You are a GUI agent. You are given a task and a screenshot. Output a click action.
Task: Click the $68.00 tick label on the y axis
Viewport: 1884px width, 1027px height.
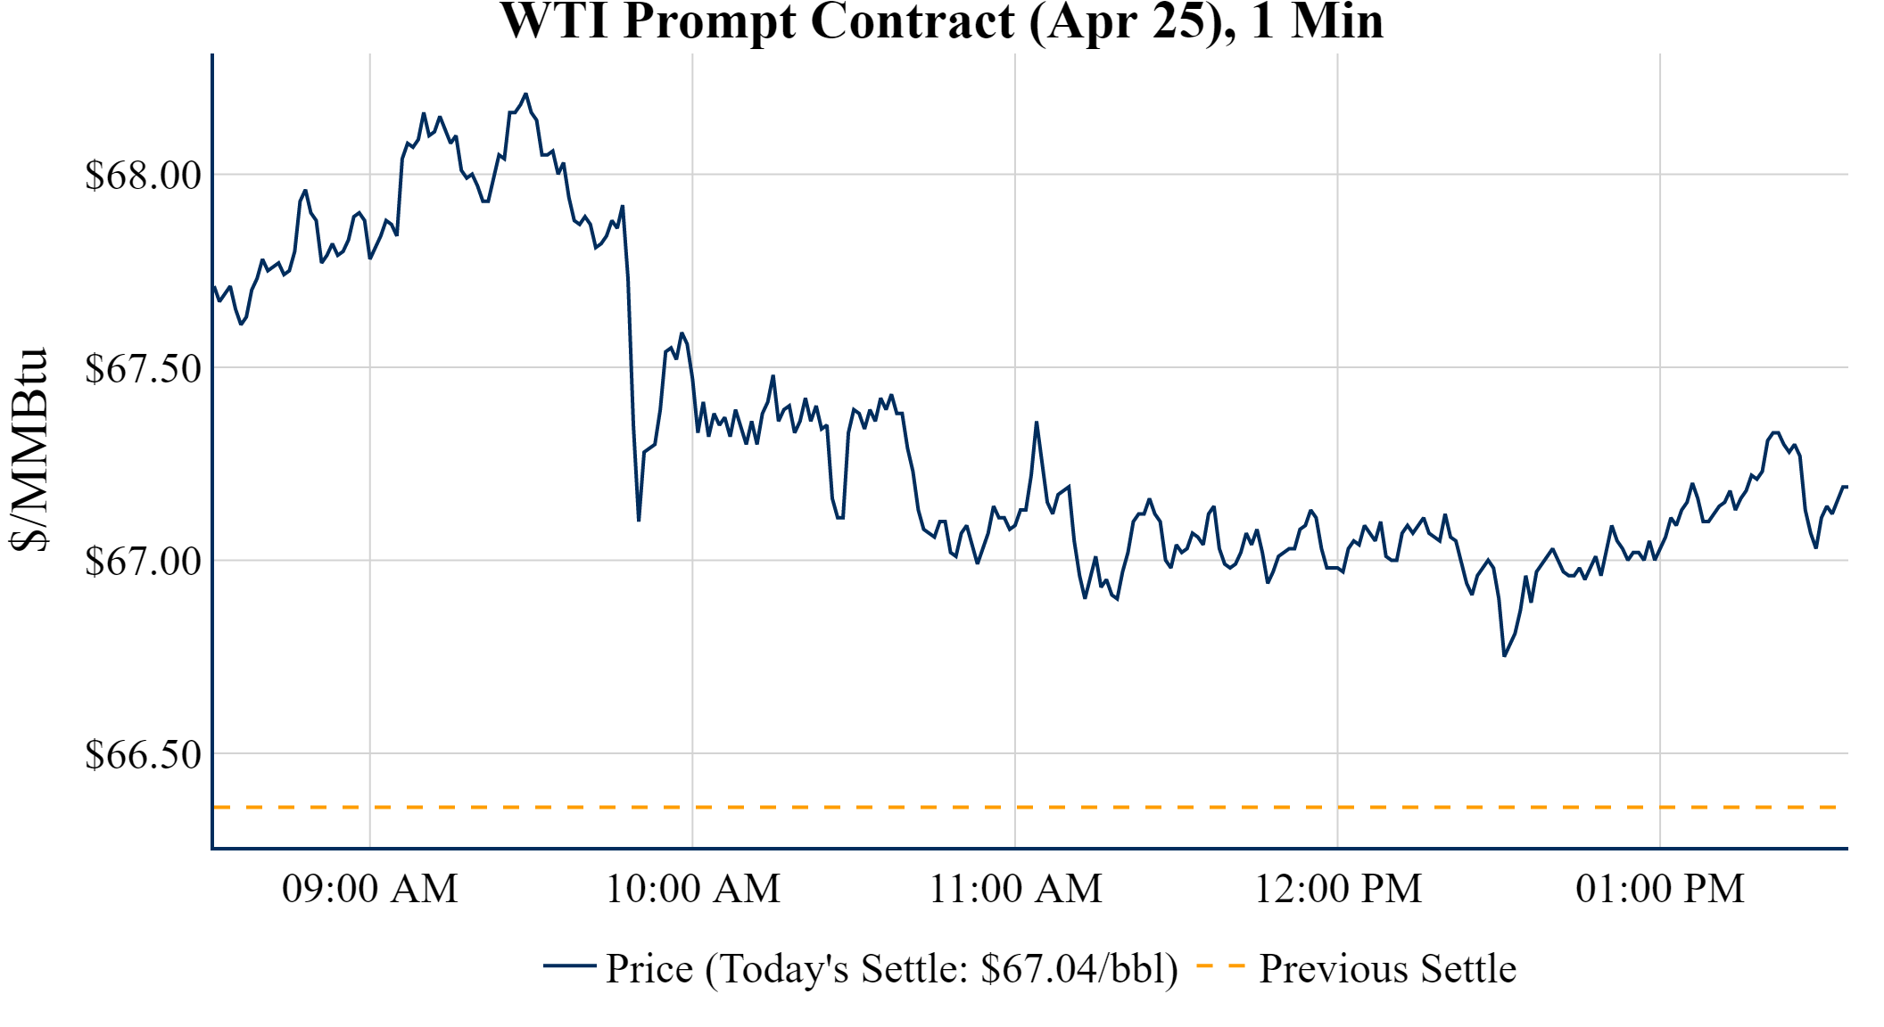[x=144, y=175]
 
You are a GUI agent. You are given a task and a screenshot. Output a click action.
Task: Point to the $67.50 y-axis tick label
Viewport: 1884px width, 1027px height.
[x=144, y=368]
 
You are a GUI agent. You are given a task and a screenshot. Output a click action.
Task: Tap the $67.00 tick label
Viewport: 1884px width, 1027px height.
[x=144, y=561]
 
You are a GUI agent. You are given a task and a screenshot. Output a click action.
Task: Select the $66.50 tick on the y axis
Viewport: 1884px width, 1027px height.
[x=144, y=754]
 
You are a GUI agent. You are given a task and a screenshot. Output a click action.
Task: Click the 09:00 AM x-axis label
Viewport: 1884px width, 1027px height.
[x=370, y=889]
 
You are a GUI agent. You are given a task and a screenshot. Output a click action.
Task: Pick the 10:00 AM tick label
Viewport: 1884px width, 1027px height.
[x=693, y=889]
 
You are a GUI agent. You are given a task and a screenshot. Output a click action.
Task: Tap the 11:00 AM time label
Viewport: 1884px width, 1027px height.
[x=1016, y=889]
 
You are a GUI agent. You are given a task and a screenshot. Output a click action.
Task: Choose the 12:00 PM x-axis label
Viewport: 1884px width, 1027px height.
[x=1338, y=889]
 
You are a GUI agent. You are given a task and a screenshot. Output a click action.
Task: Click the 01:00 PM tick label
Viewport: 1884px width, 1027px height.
[x=1660, y=889]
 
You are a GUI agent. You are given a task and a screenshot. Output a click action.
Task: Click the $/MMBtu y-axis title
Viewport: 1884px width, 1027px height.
[x=29, y=450]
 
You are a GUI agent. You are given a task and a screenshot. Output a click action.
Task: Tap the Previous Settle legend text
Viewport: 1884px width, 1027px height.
[x=1387, y=969]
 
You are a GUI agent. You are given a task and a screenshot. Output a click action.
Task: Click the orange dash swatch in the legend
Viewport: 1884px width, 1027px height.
[x=1219, y=966]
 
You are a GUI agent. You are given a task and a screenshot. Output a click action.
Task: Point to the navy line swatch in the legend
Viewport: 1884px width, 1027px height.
[x=569, y=965]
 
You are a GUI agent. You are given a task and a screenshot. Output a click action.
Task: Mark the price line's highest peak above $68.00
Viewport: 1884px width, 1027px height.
[x=525, y=94]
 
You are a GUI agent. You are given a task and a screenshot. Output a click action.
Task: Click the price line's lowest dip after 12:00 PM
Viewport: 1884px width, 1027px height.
[x=1504, y=656]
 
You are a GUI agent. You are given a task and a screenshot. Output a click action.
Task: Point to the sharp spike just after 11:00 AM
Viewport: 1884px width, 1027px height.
[x=1036, y=423]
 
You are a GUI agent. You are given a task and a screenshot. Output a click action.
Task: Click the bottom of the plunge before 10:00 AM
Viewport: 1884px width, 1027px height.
[x=639, y=521]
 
